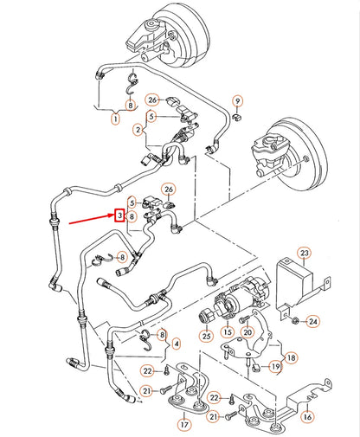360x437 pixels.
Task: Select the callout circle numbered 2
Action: click(x=139, y=130)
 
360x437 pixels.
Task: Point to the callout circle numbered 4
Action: click(x=177, y=344)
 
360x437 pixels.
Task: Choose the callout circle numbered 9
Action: click(x=238, y=101)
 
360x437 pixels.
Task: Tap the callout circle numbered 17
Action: click(x=183, y=425)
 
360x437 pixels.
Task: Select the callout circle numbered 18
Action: click(x=291, y=356)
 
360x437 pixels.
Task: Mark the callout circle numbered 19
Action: click(x=275, y=367)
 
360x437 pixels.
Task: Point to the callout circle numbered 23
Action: click(x=304, y=253)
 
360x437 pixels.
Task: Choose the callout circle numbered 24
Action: click(x=313, y=322)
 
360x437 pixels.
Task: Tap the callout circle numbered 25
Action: click(x=207, y=335)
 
